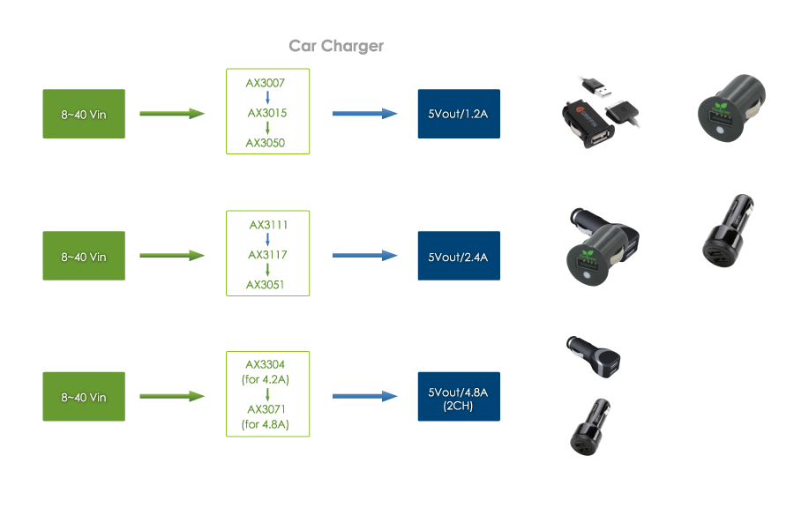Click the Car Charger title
pyautogui.click(x=336, y=46)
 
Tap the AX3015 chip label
pyautogui.click(x=266, y=113)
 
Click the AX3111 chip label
pyautogui.click(x=267, y=225)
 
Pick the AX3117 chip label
pyautogui.click(x=266, y=255)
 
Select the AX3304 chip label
pyautogui.click(x=266, y=363)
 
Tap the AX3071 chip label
pyautogui.click(x=266, y=411)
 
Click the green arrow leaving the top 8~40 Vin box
pyautogui.click(x=172, y=114)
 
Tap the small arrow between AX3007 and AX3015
pyautogui.click(x=266, y=98)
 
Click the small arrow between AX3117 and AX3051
pyautogui.click(x=266, y=270)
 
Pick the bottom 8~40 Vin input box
pyautogui.click(x=84, y=397)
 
